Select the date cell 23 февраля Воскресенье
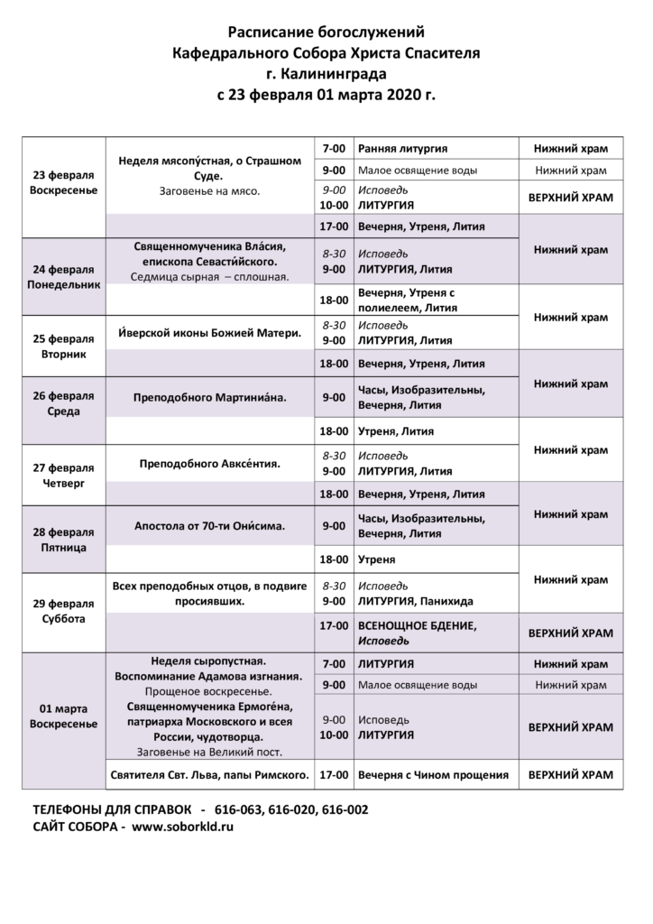click(x=62, y=183)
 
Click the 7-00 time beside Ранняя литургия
click(x=334, y=148)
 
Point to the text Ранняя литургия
click(x=403, y=148)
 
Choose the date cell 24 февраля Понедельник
click(x=62, y=275)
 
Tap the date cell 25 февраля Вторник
click(x=62, y=346)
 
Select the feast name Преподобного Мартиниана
click(x=209, y=397)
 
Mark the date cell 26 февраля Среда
click(x=62, y=404)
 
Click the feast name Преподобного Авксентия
click(x=210, y=464)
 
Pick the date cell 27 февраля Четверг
click(x=62, y=476)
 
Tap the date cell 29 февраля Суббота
click(x=62, y=611)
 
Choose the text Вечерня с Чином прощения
click(x=433, y=774)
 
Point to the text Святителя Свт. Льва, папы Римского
click(x=209, y=774)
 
